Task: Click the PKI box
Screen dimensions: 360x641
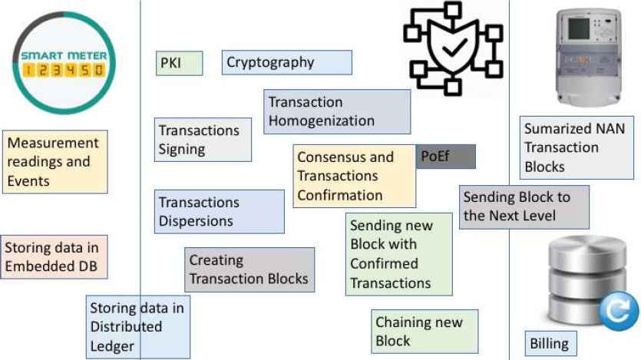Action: tap(180, 63)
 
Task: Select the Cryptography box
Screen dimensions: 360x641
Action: tap(287, 63)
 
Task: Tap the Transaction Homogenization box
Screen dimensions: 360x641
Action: tap(337, 112)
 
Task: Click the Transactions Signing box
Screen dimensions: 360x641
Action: tap(203, 140)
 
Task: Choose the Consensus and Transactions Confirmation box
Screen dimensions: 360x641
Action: tap(353, 177)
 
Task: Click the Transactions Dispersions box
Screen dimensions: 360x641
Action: tap(219, 212)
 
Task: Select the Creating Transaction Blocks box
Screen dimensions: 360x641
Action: tap(249, 270)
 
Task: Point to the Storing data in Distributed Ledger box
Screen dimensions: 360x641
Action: tap(138, 327)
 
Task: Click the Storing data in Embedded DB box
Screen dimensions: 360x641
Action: tap(54, 258)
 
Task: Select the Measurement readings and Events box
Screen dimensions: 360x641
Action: tap(54, 161)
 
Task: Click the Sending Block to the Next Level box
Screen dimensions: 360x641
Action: tap(524, 206)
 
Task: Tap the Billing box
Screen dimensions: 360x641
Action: tap(550, 343)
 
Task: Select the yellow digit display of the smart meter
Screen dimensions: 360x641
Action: tap(64, 71)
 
